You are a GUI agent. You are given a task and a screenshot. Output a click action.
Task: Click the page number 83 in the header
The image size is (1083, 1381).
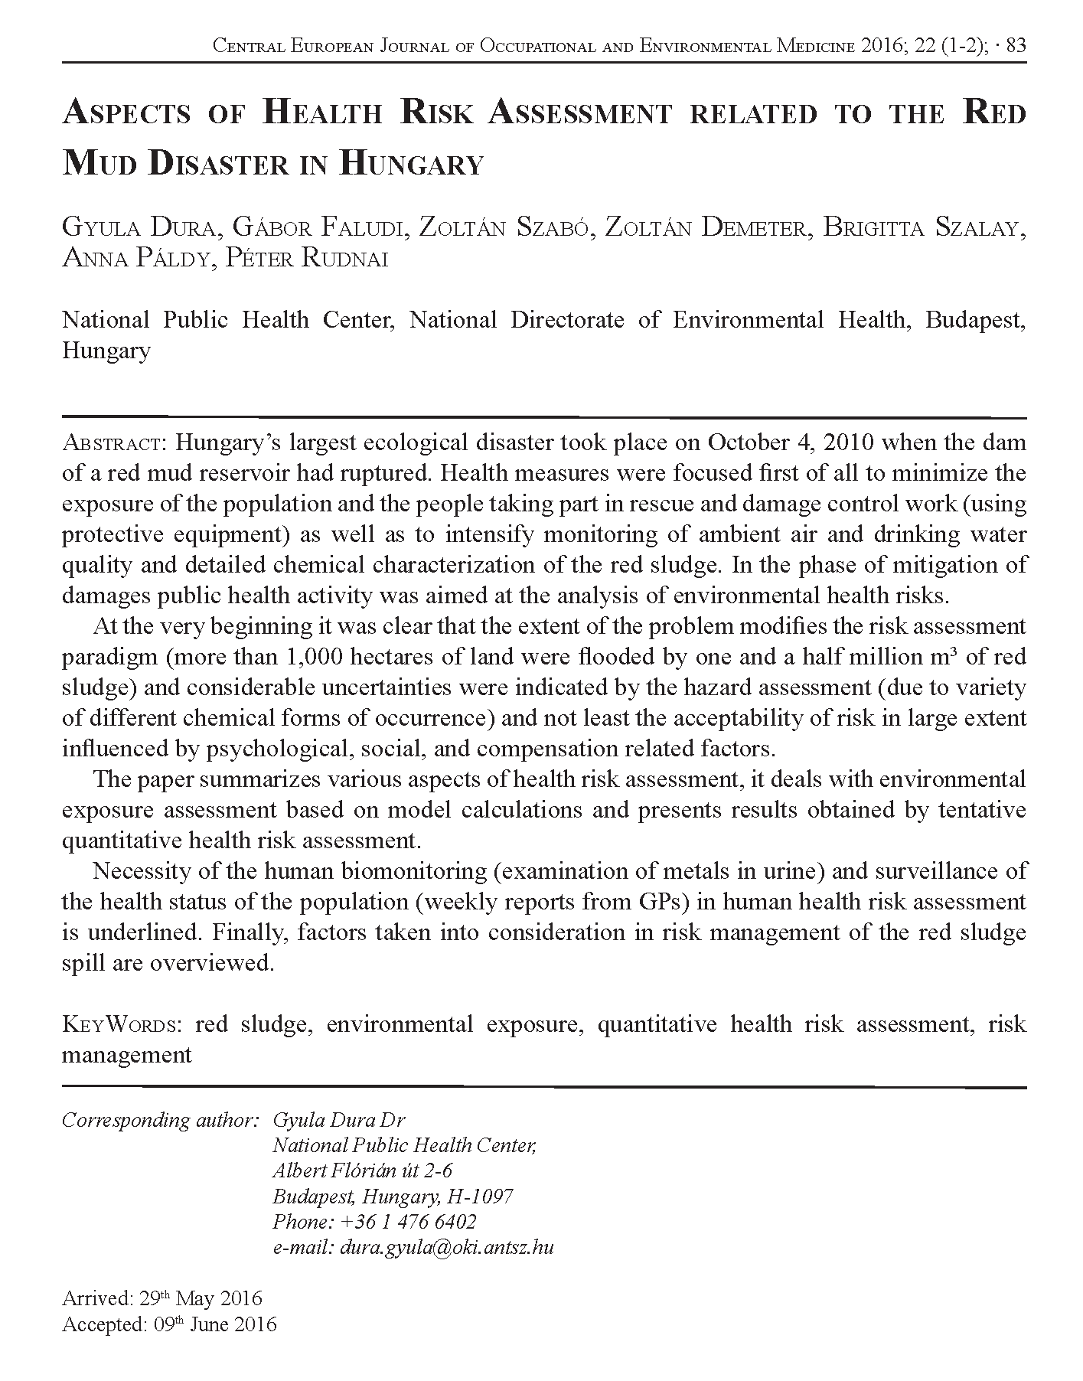click(x=1016, y=46)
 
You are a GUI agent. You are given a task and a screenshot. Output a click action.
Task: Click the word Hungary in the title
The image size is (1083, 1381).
click(x=410, y=164)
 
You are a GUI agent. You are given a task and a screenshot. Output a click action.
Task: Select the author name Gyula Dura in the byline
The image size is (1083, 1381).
click(x=134, y=229)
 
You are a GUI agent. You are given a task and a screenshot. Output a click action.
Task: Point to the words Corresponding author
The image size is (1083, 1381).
click(x=158, y=1120)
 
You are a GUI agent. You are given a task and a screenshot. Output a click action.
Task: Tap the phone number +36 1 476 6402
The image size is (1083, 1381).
click(x=406, y=1221)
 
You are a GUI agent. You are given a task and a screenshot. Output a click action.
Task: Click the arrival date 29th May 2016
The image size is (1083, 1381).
click(x=201, y=1298)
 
